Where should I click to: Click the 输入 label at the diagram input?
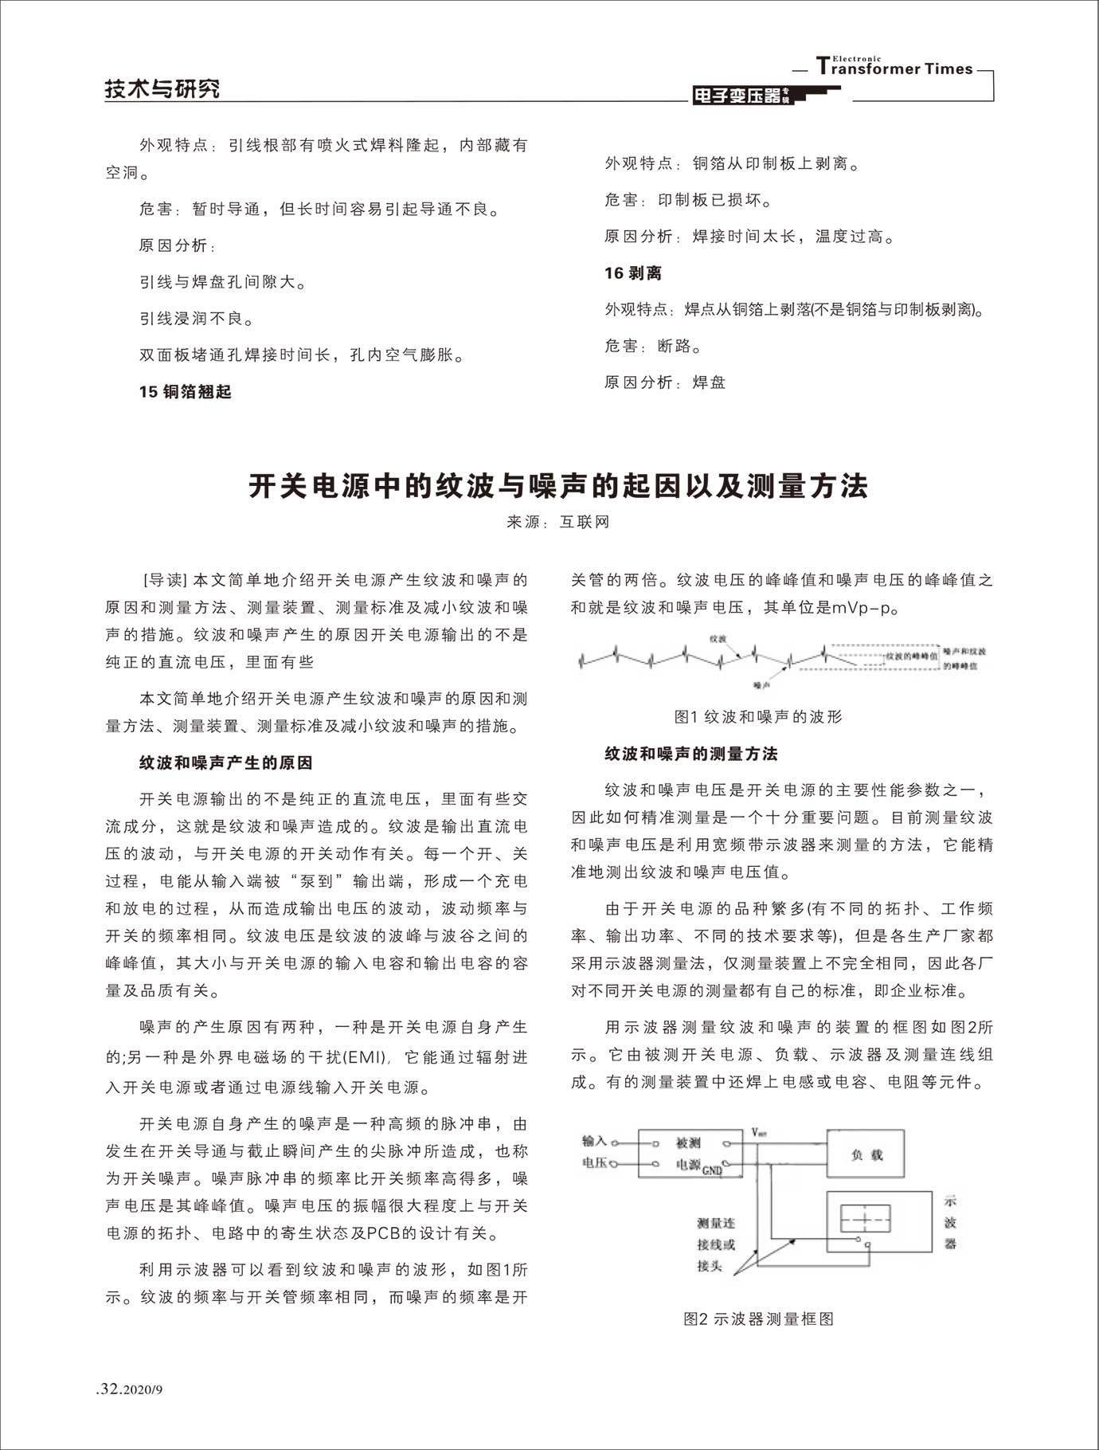[594, 1141]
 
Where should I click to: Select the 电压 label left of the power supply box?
[594, 1163]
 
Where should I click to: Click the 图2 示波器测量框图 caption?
[759, 1319]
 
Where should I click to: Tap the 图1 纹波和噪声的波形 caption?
[758, 716]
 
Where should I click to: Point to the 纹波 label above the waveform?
[718, 639]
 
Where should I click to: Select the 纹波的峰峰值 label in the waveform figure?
[911, 656]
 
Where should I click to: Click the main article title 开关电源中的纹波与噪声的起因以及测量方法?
[557, 485]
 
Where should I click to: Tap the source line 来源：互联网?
[558, 522]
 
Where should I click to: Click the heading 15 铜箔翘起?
[185, 391]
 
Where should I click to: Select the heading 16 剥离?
[633, 273]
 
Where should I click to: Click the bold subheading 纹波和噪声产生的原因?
[226, 762]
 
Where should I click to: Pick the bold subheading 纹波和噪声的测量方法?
[691, 753]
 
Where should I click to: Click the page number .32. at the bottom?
[110, 1389]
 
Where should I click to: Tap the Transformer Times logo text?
[895, 68]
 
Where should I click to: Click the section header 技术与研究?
[162, 88]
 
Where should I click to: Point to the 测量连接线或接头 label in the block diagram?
[715, 1244]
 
